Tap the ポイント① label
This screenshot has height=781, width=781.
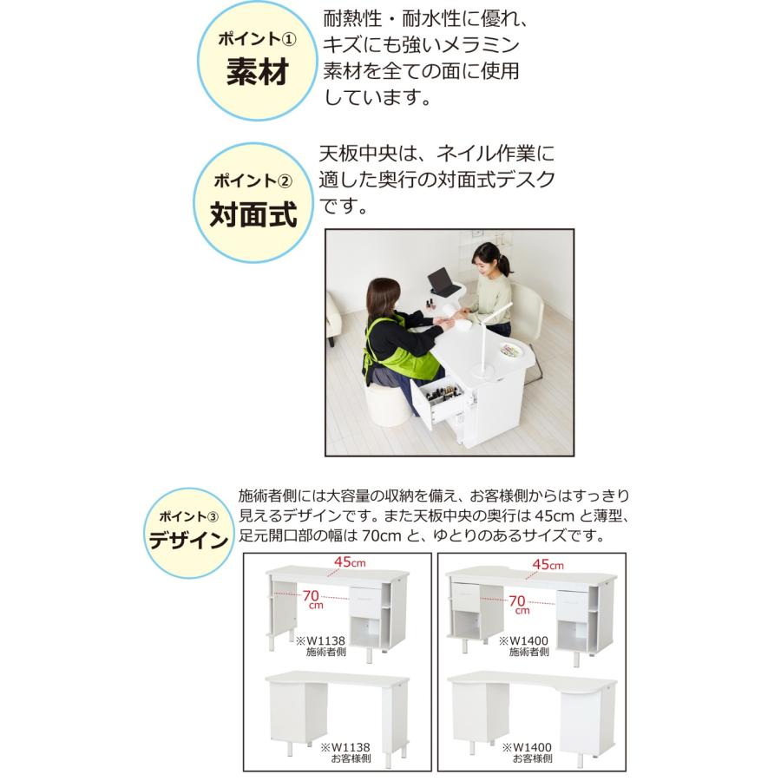coord(256,40)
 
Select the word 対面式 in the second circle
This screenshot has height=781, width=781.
coord(253,214)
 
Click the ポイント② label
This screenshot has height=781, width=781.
coord(253,181)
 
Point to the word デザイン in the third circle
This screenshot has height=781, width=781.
coord(188,541)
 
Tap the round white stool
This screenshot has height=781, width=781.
coord(386,405)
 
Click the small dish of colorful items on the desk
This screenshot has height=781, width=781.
coord(511,351)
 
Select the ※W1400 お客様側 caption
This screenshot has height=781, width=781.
coord(527,752)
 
